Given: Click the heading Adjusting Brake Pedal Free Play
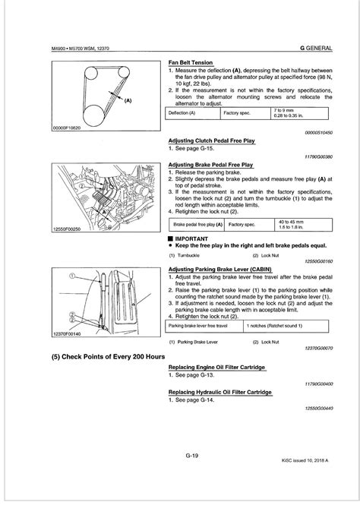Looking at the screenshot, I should click(210, 164).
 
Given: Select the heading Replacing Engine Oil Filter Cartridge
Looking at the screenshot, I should click(215, 368).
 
